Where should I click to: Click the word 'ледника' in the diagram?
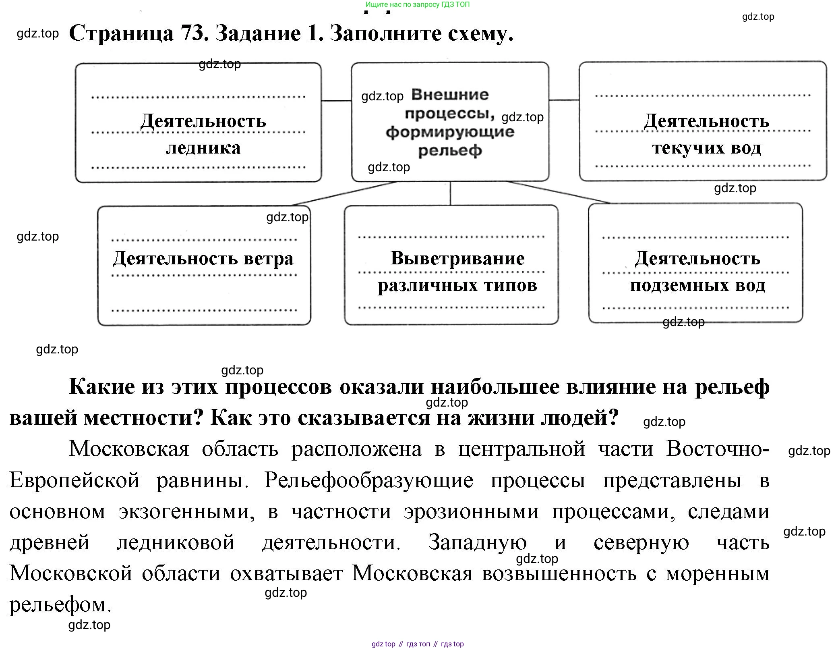click(x=203, y=148)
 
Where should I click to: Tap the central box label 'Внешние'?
click(x=450, y=95)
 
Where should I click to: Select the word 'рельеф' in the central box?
click(x=450, y=151)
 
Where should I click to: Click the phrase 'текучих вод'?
click(x=706, y=148)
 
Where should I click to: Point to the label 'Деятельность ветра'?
click(x=203, y=258)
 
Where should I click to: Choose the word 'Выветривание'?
click(x=457, y=258)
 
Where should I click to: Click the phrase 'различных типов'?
click(x=457, y=285)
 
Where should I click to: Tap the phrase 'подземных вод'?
click(x=697, y=285)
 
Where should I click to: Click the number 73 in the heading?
click(x=194, y=33)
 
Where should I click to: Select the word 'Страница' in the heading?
click(x=121, y=33)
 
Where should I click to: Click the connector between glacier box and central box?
click(x=336, y=101)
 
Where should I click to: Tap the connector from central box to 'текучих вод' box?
click(x=564, y=100)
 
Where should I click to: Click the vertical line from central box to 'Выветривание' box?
click(x=450, y=193)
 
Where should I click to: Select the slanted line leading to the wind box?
click(x=344, y=193)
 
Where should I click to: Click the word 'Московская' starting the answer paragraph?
click(x=129, y=449)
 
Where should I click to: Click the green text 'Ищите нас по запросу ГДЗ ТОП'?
click(x=418, y=5)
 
